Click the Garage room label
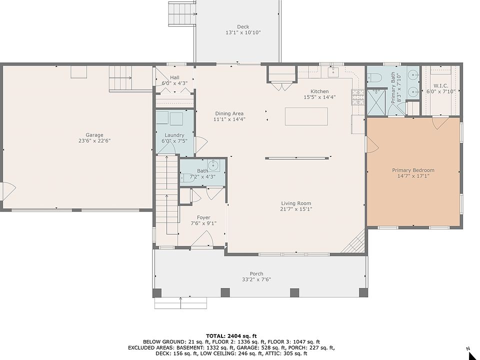(x=94, y=134)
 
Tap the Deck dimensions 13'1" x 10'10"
(x=243, y=32)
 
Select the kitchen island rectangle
(x=306, y=116)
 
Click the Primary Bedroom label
(x=413, y=170)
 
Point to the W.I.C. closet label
(x=441, y=85)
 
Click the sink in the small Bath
(x=213, y=165)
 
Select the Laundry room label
(x=174, y=135)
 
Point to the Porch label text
(x=256, y=273)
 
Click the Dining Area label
(x=229, y=113)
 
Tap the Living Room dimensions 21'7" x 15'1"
(x=296, y=209)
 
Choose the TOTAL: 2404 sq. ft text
(x=231, y=336)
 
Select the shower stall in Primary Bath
(x=376, y=102)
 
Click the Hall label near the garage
(x=175, y=77)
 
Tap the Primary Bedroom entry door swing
(x=372, y=144)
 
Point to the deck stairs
(x=182, y=13)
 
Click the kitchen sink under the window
(x=333, y=72)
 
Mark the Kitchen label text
(x=319, y=91)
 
